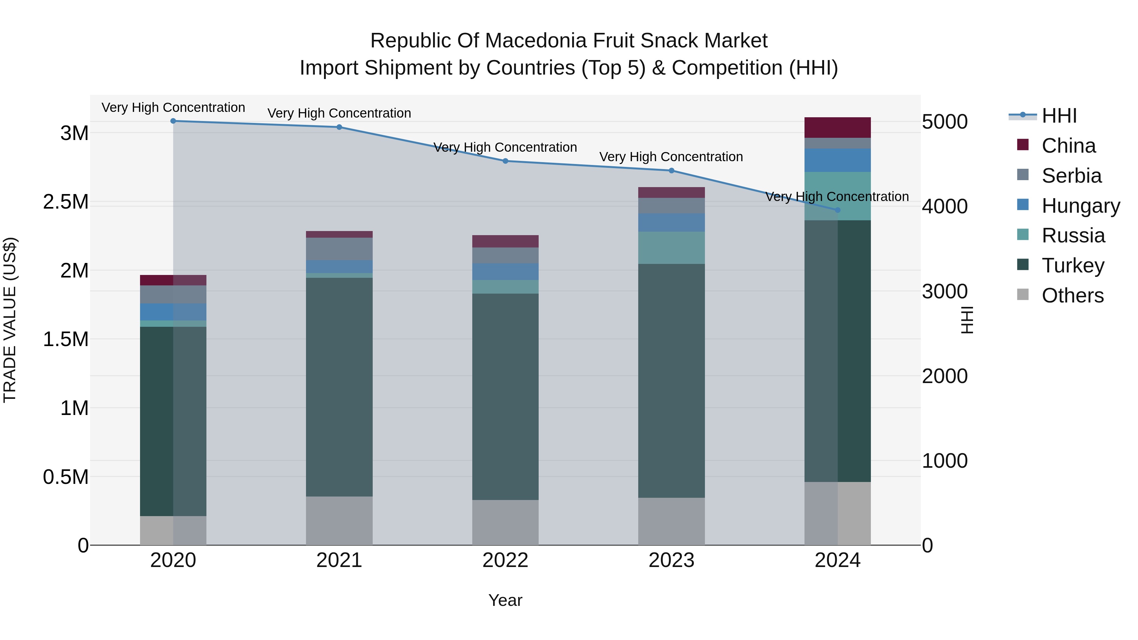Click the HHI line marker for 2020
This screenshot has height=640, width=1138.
pyautogui.click(x=173, y=121)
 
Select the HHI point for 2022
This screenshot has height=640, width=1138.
pyautogui.click(x=505, y=161)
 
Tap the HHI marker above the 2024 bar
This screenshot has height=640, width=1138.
pyautogui.click(x=838, y=210)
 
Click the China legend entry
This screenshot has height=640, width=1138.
pyautogui.click(x=1068, y=146)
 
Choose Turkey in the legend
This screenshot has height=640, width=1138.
pyautogui.click(x=1073, y=265)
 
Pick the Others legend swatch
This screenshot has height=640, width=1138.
pyautogui.click(x=1023, y=295)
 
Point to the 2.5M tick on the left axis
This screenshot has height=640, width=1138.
pyautogui.click(x=66, y=202)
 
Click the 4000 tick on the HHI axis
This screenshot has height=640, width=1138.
pyautogui.click(x=945, y=207)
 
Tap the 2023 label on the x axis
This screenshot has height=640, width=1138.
pyautogui.click(x=671, y=560)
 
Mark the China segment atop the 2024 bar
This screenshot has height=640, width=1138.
pyautogui.click(x=838, y=128)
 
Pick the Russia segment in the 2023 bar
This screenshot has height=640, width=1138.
pyautogui.click(x=671, y=248)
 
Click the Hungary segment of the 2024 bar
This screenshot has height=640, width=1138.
pyautogui.click(x=838, y=160)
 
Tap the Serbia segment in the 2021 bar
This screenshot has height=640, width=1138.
pyautogui.click(x=339, y=249)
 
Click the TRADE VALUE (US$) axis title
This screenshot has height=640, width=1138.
pyautogui.click(x=10, y=320)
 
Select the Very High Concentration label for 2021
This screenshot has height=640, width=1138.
pyautogui.click(x=339, y=113)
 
